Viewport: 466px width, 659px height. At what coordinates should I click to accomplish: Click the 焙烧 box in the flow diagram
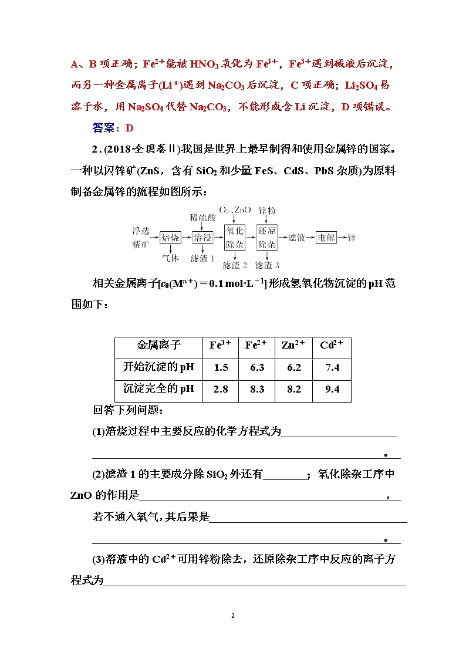[x=170, y=238]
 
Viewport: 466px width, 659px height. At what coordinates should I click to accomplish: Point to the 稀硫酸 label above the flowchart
[x=202, y=218]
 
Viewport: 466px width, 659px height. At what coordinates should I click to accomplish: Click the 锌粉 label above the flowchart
[x=268, y=210]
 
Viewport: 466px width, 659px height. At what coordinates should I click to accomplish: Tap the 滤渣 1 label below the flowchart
[x=203, y=258]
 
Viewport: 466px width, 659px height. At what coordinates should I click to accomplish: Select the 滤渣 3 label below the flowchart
[x=268, y=265]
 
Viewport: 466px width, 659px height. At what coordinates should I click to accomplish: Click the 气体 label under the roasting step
[x=170, y=258]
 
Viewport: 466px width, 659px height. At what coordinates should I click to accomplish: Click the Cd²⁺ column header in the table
[x=332, y=345]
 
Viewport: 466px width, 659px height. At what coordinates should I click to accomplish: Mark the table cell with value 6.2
[x=294, y=368]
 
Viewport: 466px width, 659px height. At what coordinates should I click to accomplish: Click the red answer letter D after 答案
[x=130, y=128]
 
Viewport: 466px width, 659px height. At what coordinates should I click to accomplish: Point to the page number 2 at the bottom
[x=233, y=616]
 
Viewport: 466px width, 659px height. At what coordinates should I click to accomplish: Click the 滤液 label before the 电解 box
[x=296, y=238]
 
